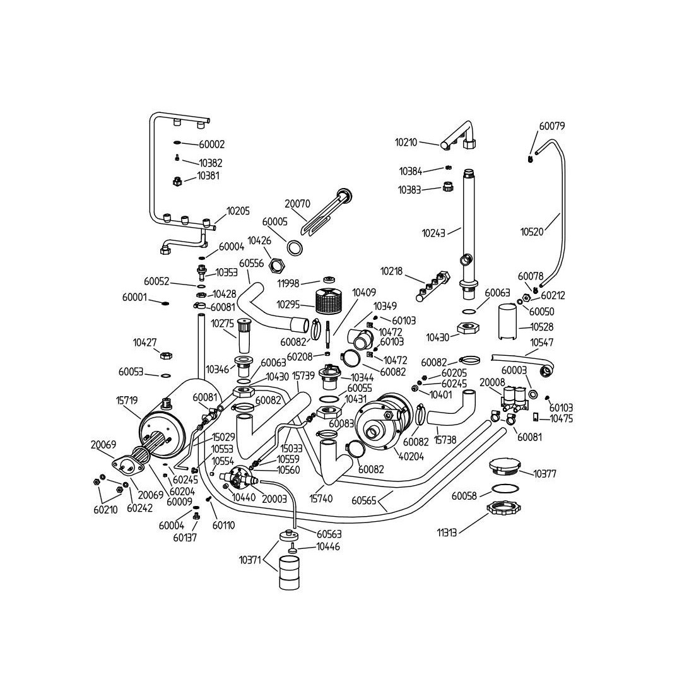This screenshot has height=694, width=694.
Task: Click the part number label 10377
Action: (x=546, y=474)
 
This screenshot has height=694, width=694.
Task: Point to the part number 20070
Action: (x=297, y=203)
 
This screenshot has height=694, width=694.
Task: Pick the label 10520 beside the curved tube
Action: (x=532, y=232)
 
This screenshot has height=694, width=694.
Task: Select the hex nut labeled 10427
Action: (x=165, y=356)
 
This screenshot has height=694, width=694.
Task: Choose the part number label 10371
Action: (x=251, y=559)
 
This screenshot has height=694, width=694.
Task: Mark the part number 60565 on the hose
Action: (x=364, y=501)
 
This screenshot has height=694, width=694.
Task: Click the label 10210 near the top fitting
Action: (x=406, y=143)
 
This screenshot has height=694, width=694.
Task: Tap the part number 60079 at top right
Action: (x=551, y=126)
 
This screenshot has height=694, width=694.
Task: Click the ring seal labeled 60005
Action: (x=293, y=246)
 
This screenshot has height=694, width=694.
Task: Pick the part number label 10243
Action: (x=433, y=233)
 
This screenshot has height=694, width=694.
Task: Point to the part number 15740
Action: (x=321, y=499)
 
